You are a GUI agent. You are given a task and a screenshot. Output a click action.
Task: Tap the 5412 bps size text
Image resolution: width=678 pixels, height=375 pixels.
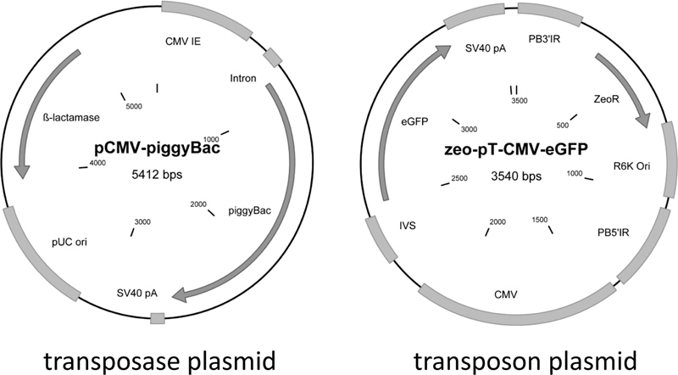pos(158,175)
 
